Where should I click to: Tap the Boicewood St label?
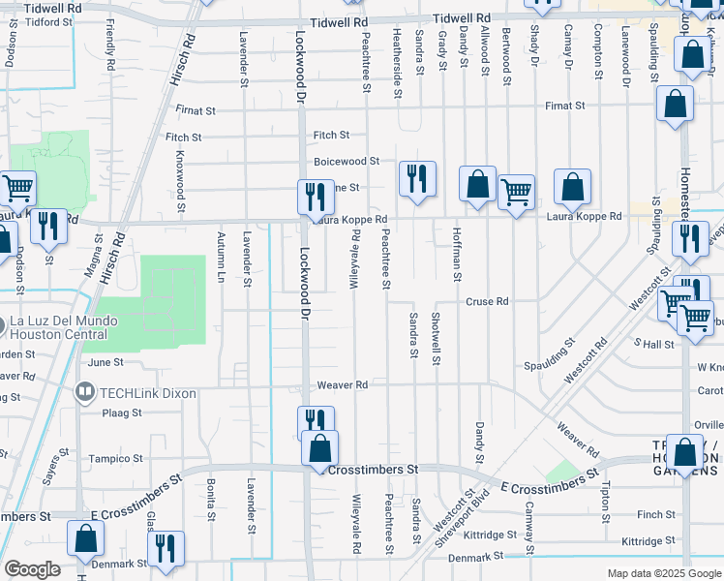pos(346,161)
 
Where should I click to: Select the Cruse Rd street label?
pos(487,302)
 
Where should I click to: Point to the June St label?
pos(106,362)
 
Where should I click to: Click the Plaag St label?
pos(122,413)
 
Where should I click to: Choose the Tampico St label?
pos(116,459)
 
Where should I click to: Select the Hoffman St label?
pos(456,255)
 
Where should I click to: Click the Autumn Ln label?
pos(221,258)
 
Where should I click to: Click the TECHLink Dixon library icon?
pos(85,393)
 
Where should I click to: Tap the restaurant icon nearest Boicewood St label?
pos(417,179)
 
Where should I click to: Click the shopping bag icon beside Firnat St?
pos(676,104)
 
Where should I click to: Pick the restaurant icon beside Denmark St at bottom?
pos(166,549)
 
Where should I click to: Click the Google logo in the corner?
pos(32,569)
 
